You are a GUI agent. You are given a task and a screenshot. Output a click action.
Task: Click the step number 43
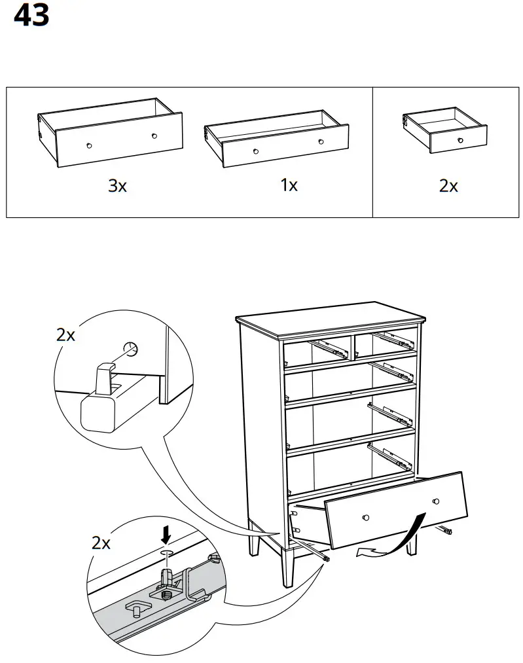(31, 16)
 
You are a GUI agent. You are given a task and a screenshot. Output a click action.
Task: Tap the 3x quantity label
(117, 186)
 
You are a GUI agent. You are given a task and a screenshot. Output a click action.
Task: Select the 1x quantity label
(289, 185)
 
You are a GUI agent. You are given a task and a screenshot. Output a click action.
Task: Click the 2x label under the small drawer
(448, 186)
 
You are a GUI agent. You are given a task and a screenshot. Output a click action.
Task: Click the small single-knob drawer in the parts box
(445, 130)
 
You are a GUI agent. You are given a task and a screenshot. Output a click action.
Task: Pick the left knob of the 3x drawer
(89, 145)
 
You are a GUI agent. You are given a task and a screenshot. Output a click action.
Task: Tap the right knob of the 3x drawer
(154, 136)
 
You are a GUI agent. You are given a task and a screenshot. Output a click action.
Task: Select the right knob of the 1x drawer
(321, 141)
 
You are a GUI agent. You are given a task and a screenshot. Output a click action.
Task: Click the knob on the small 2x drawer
(460, 140)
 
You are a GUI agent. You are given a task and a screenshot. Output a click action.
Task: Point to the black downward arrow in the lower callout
(167, 536)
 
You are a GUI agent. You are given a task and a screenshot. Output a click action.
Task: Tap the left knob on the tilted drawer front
(366, 518)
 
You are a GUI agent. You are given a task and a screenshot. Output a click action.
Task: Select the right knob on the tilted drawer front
(435, 501)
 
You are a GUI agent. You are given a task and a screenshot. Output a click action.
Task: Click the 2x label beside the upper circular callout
(65, 335)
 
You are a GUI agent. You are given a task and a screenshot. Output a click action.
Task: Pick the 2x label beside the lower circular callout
(101, 543)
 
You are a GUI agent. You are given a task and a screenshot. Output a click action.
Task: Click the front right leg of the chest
(413, 543)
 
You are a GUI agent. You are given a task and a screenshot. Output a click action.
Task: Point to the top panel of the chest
(331, 317)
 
